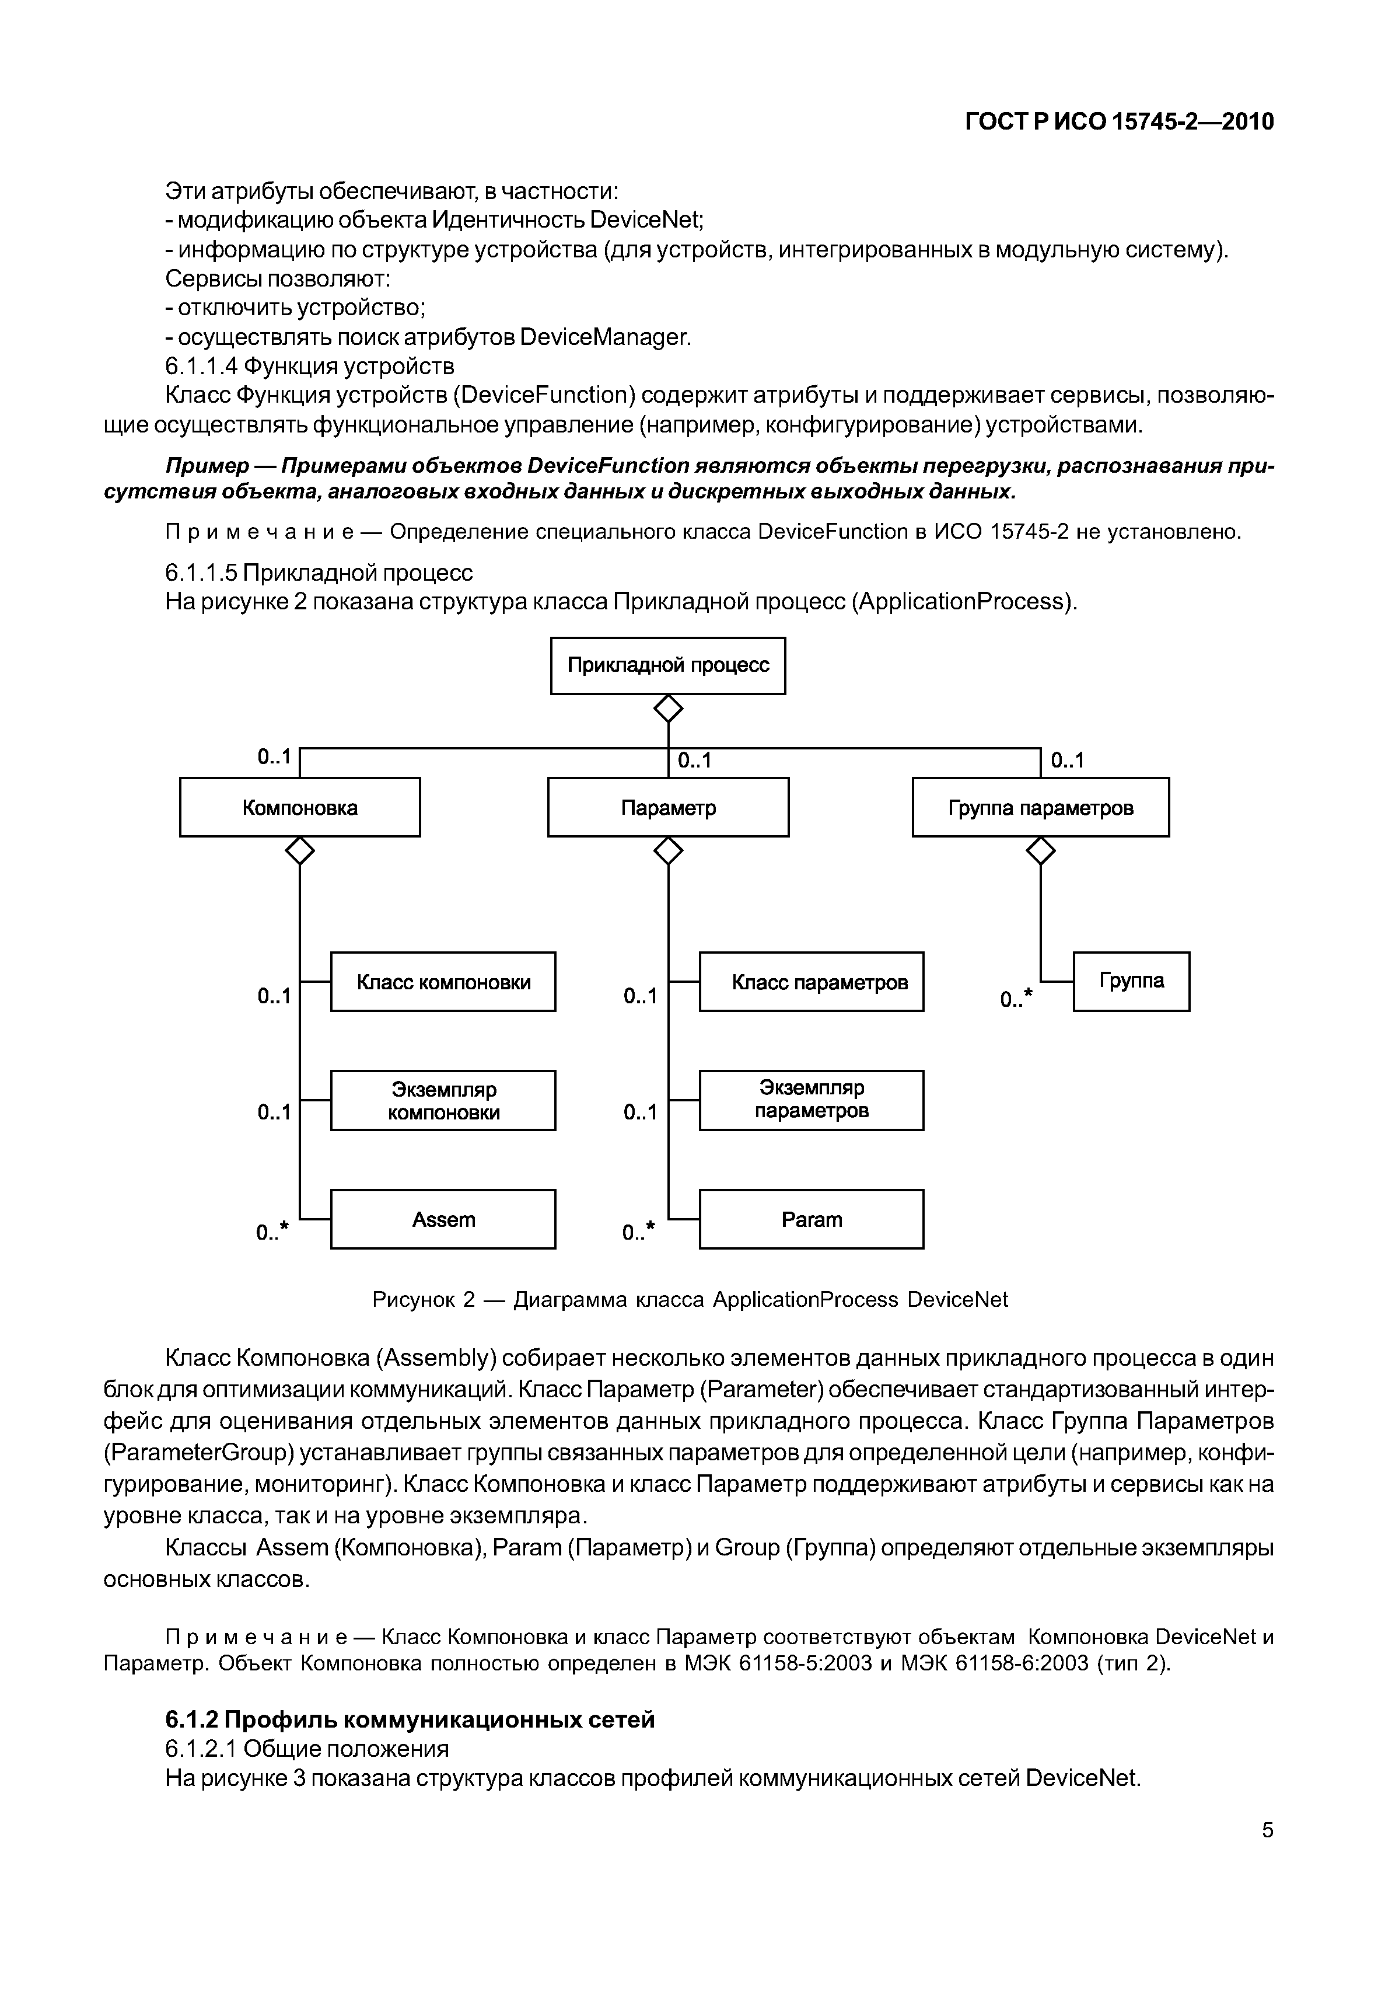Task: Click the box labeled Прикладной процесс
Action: point(667,665)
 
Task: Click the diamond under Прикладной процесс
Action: point(667,709)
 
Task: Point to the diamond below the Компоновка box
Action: point(300,851)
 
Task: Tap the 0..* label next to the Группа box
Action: point(1016,999)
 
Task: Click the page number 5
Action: point(1267,1830)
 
